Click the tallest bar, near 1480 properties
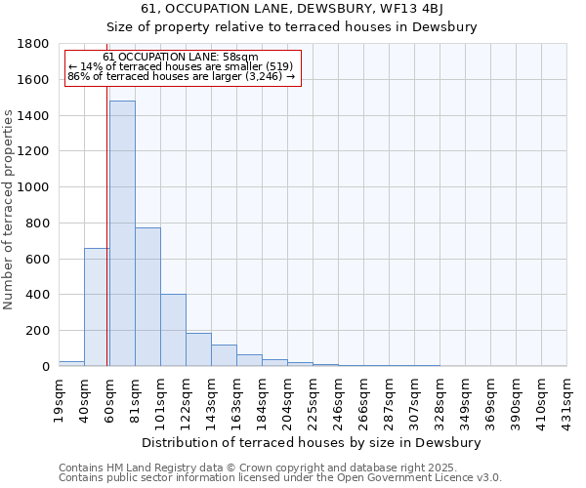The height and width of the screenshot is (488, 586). coord(122,234)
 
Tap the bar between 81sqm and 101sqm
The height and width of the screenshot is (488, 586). coord(147,297)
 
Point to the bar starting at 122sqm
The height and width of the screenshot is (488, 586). coord(198,349)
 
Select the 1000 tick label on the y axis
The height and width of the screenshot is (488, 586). coord(36,187)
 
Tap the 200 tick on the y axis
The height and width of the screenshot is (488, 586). coord(40,331)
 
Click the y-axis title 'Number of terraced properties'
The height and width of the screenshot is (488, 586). coord(9,210)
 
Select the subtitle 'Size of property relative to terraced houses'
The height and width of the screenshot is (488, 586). coord(293,27)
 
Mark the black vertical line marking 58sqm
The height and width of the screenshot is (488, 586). coord(106,244)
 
